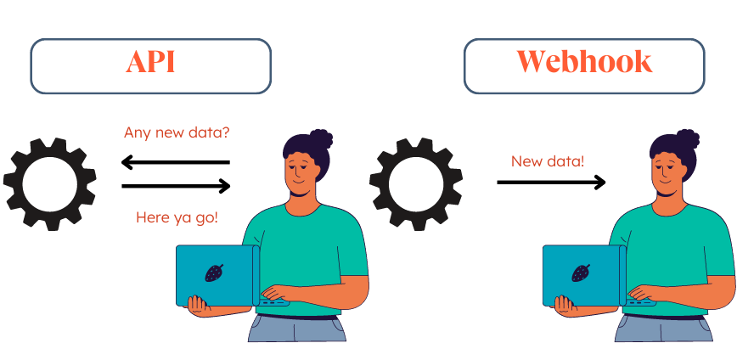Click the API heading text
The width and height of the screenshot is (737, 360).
[150, 62]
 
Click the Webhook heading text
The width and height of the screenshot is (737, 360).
[584, 62]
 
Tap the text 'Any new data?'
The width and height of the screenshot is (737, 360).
[177, 133]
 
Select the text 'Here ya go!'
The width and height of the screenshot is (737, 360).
[177, 217]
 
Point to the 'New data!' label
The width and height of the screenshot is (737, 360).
[548, 160]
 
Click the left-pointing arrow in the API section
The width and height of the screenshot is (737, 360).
[175, 161]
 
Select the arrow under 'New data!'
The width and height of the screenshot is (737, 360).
[551, 181]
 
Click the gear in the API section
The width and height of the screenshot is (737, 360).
[48, 184]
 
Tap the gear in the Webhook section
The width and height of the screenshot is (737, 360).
[415, 184]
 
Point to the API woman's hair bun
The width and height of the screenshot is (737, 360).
[320, 138]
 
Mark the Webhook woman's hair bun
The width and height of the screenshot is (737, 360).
[687, 138]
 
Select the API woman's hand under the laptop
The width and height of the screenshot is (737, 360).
[198, 305]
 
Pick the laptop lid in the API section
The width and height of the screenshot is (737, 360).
[216, 276]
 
